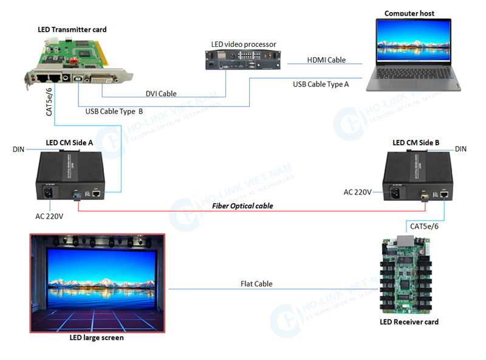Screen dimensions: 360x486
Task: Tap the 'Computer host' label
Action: (x=409, y=13)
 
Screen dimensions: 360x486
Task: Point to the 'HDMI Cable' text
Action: (x=326, y=60)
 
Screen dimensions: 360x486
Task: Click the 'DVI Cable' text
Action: (x=161, y=94)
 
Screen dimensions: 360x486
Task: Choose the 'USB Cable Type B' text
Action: (x=114, y=111)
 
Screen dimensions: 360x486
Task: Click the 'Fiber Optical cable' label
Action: (x=242, y=206)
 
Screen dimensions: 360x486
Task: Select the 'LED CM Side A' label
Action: (x=69, y=143)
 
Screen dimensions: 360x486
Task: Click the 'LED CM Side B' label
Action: (x=416, y=143)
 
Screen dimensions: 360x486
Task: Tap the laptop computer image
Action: (x=412, y=55)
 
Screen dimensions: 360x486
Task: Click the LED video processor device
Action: (x=243, y=61)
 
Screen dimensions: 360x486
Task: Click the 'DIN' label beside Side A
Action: (x=18, y=149)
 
